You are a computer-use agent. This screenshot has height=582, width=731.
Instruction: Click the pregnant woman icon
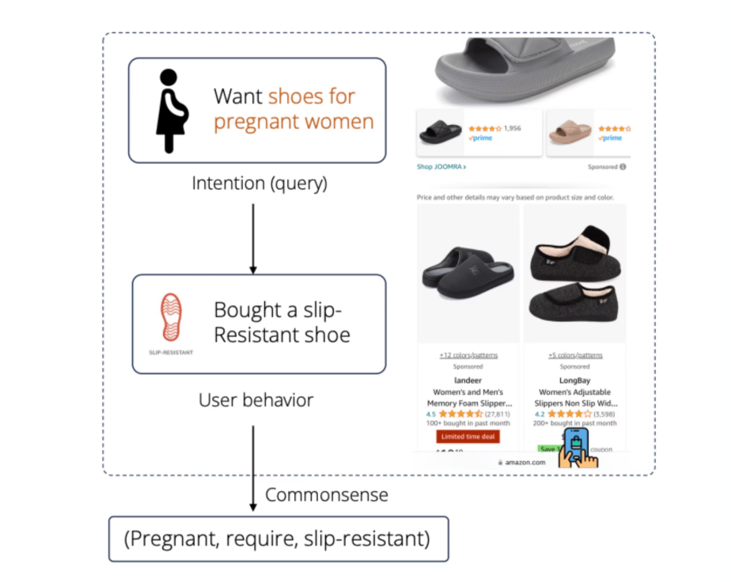click(169, 111)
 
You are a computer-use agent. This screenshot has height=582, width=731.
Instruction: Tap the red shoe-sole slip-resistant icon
click(170, 318)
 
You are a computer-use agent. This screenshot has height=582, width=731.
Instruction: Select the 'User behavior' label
click(256, 400)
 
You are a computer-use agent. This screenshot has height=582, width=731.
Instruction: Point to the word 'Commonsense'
click(327, 496)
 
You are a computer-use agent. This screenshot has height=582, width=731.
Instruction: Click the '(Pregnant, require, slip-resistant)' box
click(278, 539)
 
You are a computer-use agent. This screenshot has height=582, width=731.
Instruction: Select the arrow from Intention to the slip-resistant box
click(253, 237)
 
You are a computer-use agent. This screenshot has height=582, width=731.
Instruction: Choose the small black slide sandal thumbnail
click(441, 133)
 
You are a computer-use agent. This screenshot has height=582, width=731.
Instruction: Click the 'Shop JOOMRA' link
click(441, 167)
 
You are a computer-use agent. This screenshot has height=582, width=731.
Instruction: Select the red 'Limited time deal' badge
click(468, 436)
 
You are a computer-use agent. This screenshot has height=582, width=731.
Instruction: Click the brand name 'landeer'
click(468, 380)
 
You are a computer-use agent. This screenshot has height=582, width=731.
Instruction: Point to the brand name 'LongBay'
click(575, 380)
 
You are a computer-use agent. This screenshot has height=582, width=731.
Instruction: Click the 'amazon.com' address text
click(525, 462)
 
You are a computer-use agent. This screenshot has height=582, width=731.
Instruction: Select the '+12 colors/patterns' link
click(468, 355)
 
